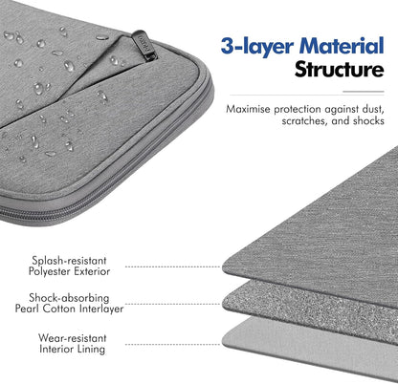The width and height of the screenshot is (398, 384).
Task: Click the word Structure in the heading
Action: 340,69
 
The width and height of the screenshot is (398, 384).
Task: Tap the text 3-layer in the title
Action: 257,47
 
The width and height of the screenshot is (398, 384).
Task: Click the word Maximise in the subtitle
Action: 248,109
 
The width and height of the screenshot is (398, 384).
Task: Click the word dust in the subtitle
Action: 373,109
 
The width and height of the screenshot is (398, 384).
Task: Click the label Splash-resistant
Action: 69,261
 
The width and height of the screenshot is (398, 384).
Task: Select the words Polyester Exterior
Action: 69,271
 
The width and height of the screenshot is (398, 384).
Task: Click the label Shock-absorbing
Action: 69,298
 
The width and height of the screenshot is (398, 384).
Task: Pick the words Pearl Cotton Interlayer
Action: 69,309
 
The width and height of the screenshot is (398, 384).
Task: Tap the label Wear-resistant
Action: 72,338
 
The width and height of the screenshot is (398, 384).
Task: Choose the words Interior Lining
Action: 72,349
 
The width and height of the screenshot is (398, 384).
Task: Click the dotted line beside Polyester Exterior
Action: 172,267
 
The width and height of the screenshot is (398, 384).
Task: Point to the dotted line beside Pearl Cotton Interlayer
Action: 172,304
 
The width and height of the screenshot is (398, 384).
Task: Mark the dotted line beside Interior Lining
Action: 172,344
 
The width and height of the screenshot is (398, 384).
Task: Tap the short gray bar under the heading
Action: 364,92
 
